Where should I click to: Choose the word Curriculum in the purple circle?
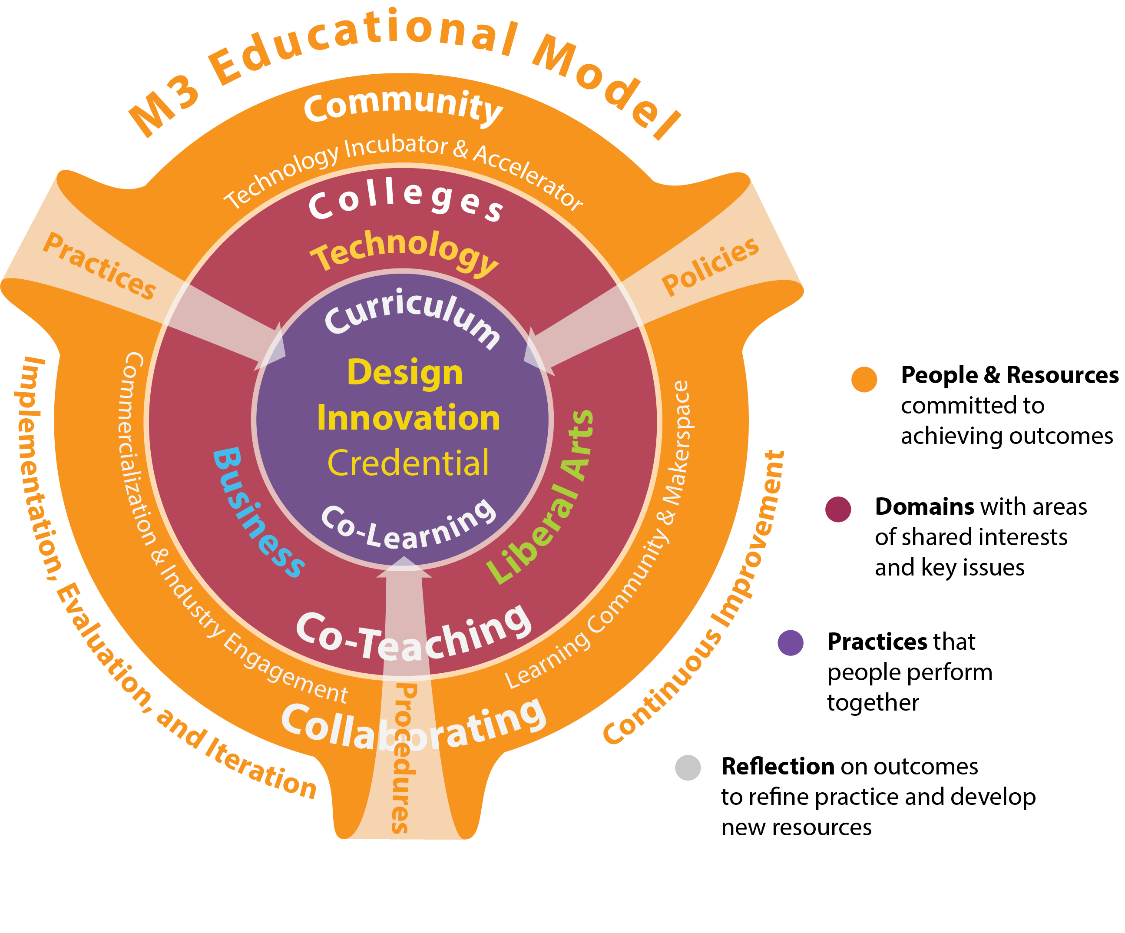tap(413, 316)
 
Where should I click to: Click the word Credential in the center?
tap(408, 463)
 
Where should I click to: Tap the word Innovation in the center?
tap(408, 418)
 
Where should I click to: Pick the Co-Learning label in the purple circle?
tap(408, 528)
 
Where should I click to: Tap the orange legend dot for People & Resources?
tap(864, 379)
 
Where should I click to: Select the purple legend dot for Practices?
tap(790, 643)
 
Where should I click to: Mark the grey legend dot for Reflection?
tap(688, 768)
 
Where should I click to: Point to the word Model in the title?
tap(606, 86)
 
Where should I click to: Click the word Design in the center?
tap(405, 373)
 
